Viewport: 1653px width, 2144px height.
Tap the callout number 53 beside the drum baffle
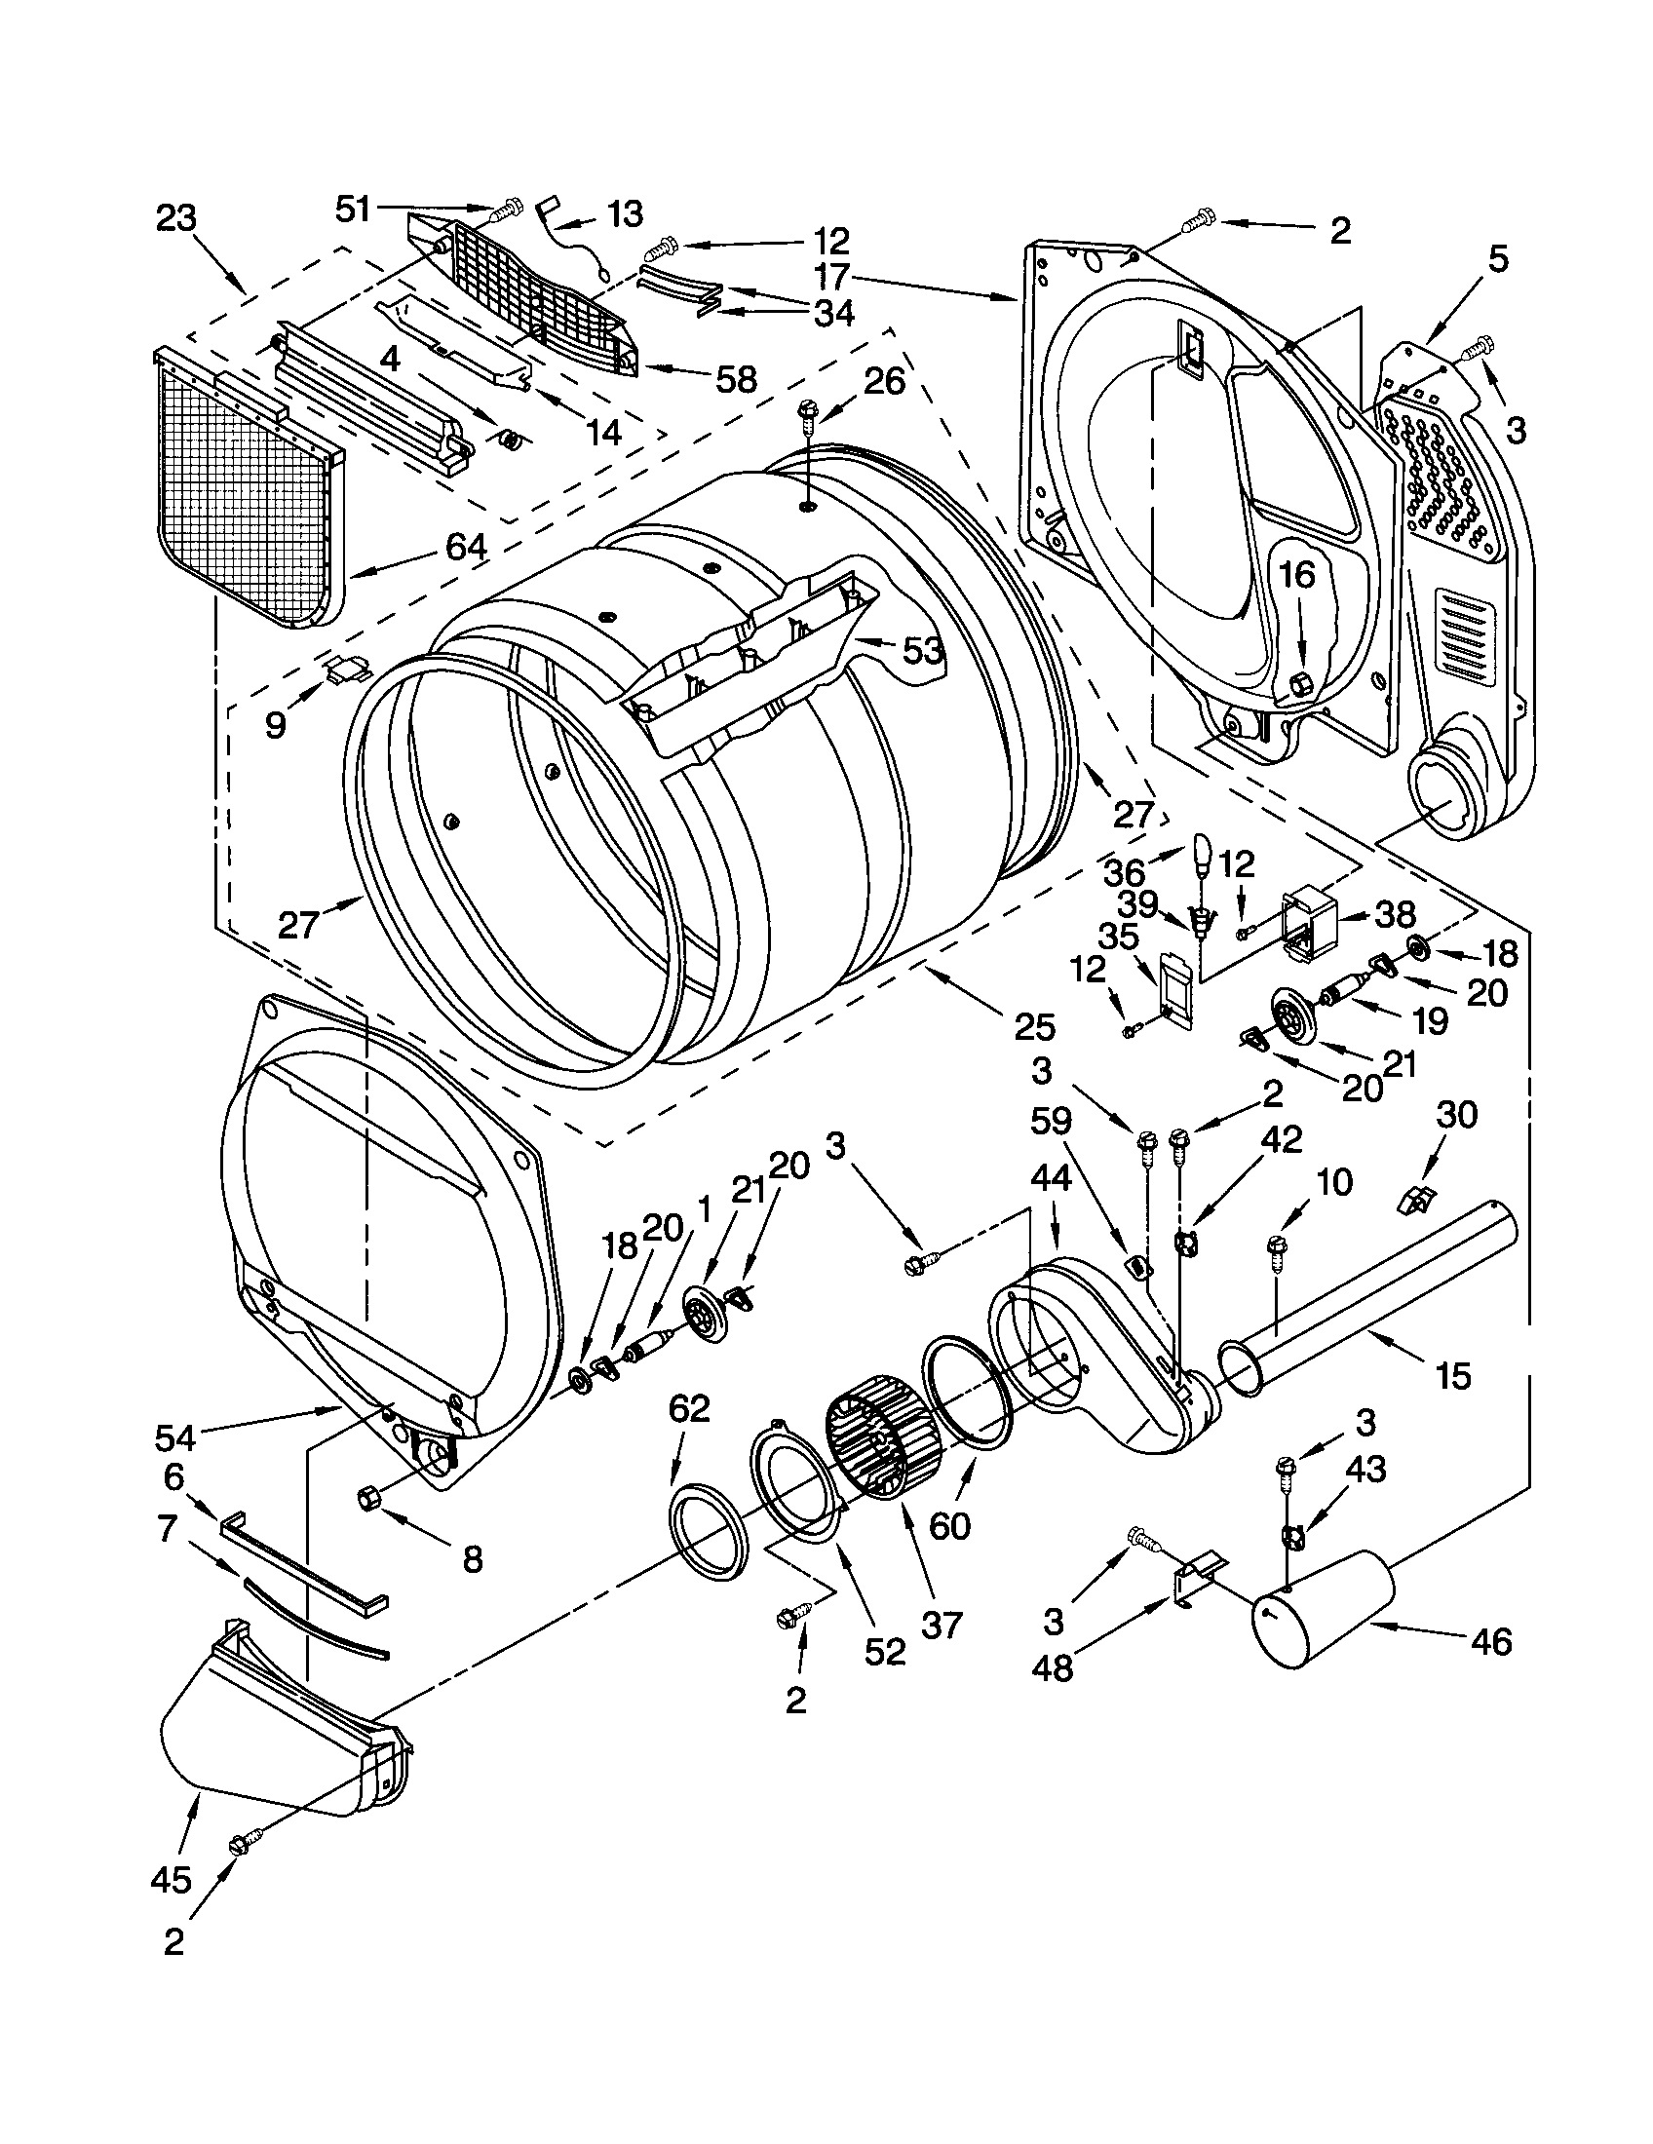point(923,651)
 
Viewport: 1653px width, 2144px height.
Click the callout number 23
point(175,218)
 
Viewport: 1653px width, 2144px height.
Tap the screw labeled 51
point(509,209)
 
